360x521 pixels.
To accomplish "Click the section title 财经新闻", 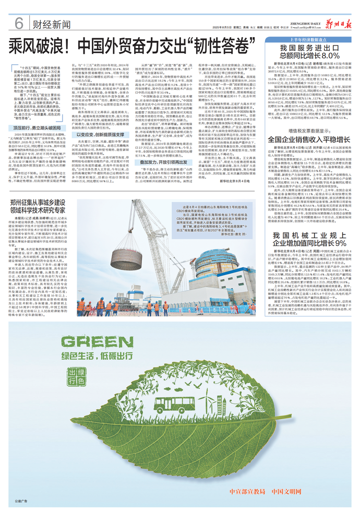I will point(49,24).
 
